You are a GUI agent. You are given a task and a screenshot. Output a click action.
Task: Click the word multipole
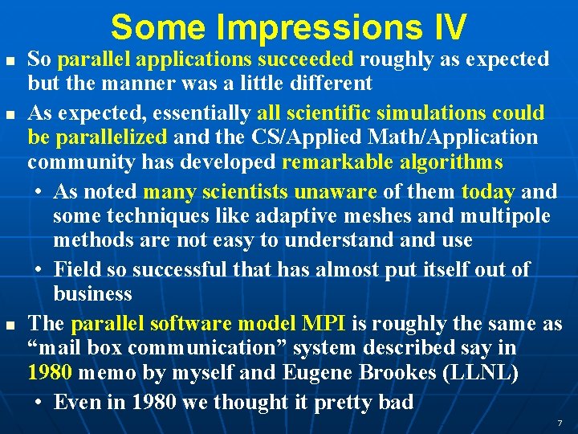click(x=506, y=216)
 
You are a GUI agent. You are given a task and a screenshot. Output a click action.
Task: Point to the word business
click(x=92, y=293)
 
